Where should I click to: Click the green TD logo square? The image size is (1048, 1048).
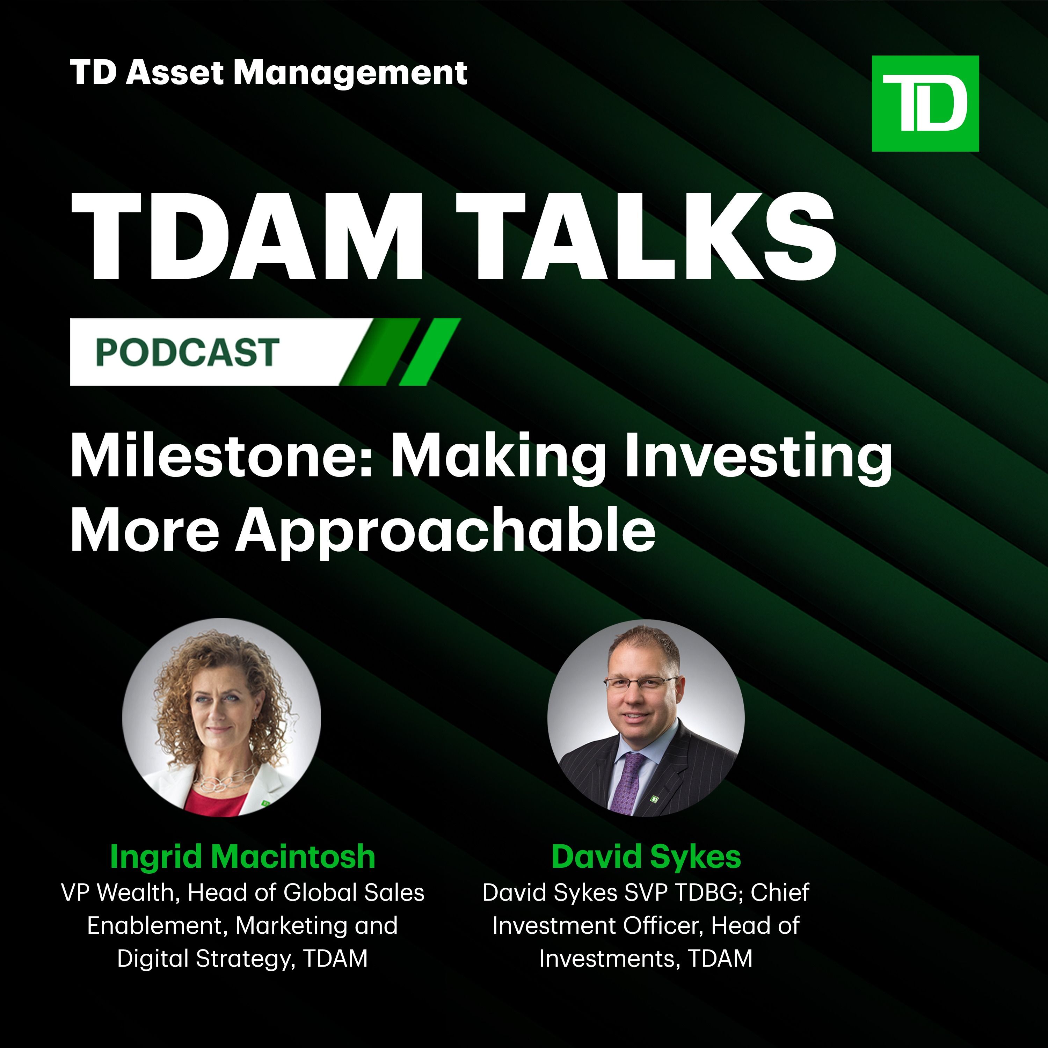925,103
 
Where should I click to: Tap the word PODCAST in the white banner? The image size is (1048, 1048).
188,352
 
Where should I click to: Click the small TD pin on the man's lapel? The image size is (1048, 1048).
655,798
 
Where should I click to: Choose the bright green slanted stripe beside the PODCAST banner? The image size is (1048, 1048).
430,351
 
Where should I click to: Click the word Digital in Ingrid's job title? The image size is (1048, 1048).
153,959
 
